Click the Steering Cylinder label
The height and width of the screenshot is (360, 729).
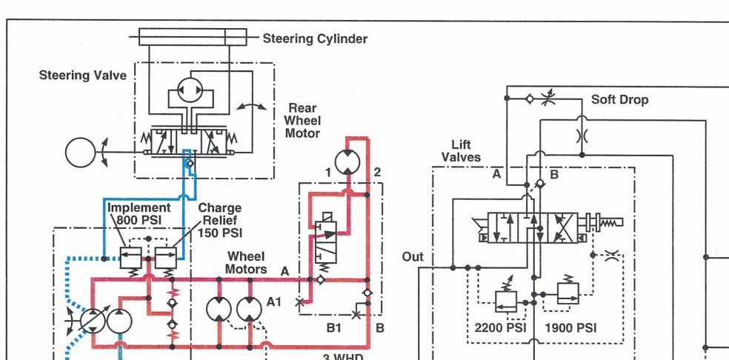(x=315, y=39)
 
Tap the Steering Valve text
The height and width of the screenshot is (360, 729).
(x=83, y=76)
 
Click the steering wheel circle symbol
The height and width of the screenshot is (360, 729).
(x=80, y=152)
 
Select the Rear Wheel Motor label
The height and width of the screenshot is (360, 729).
(x=302, y=121)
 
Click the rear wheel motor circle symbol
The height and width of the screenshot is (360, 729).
(x=347, y=163)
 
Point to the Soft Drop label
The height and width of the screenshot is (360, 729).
(x=619, y=100)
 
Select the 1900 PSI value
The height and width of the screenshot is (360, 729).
(x=570, y=328)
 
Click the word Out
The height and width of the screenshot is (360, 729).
(x=413, y=257)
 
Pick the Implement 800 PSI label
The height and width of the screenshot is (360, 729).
(x=139, y=213)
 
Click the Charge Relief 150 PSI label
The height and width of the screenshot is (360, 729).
(x=220, y=220)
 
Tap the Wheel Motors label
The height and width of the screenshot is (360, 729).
(x=246, y=263)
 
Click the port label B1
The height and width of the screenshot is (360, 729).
(x=334, y=328)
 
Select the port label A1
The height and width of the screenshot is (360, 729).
(x=274, y=302)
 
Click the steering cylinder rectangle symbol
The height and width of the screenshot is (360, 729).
(x=193, y=37)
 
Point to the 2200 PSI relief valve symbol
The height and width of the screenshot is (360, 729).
(x=506, y=301)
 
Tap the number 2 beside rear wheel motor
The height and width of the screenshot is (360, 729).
(x=377, y=173)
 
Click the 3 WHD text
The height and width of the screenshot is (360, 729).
(x=343, y=357)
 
